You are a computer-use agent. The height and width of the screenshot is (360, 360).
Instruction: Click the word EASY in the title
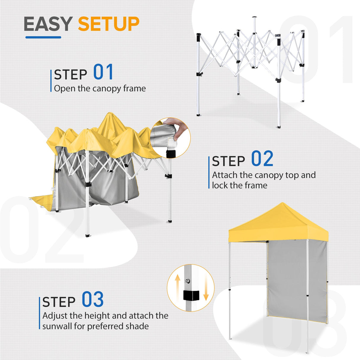pyautogui.click(x=48, y=24)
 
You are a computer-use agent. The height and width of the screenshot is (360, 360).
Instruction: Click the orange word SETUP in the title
pyautogui.click(x=109, y=24)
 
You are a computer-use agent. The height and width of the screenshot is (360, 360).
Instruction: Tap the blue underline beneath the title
pyautogui.click(x=43, y=37)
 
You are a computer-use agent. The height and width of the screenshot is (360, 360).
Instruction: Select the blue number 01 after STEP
pyautogui.click(x=103, y=72)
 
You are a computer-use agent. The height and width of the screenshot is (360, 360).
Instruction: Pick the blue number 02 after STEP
pyautogui.click(x=262, y=159)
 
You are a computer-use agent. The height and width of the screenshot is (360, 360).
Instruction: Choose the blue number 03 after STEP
pyautogui.click(x=93, y=300)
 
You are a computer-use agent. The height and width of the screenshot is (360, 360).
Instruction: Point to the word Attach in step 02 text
pyautogui.click(x=225, y=175)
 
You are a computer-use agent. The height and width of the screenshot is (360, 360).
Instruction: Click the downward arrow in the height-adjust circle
pyautogui.click(x=206, y=292)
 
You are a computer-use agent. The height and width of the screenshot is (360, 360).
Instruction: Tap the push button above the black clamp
pyautogui.click(x=188, y=281)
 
